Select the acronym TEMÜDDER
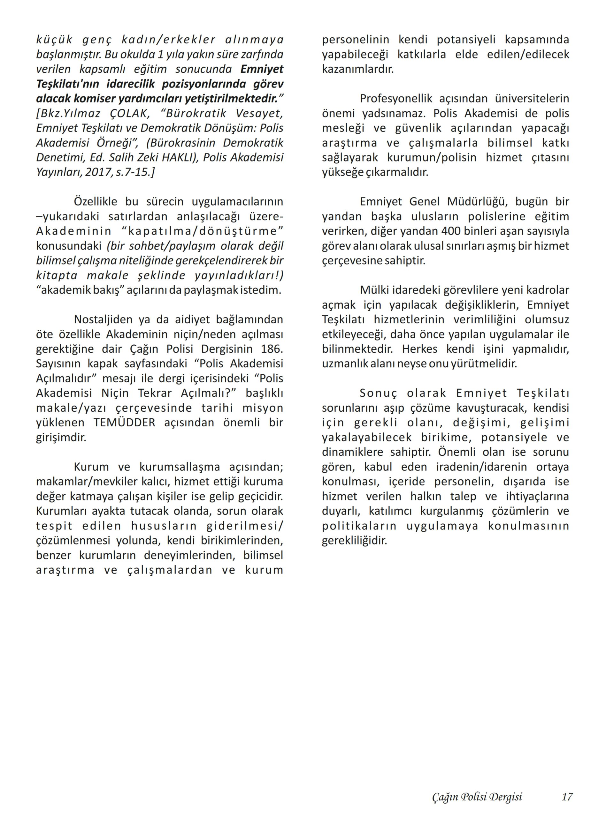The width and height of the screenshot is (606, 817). [x=124, y=423]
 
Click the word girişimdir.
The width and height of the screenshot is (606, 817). [x=61, y=438]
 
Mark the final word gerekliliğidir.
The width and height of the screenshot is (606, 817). [x=354, y=540]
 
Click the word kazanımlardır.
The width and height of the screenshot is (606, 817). [x=358, y=69]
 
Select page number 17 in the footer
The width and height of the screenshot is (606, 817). [x=567, y=796]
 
